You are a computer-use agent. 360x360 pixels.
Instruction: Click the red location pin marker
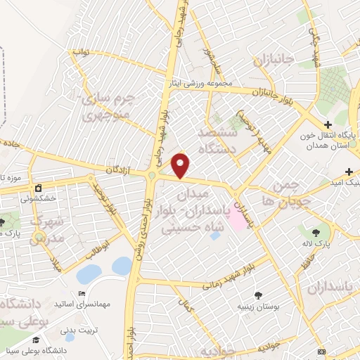(181, 165)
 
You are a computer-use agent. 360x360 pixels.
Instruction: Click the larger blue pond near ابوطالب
(89, 274)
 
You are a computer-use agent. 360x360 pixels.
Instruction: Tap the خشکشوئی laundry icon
(38, 188)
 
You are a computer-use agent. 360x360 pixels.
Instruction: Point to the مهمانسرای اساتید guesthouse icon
(82, 294)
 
